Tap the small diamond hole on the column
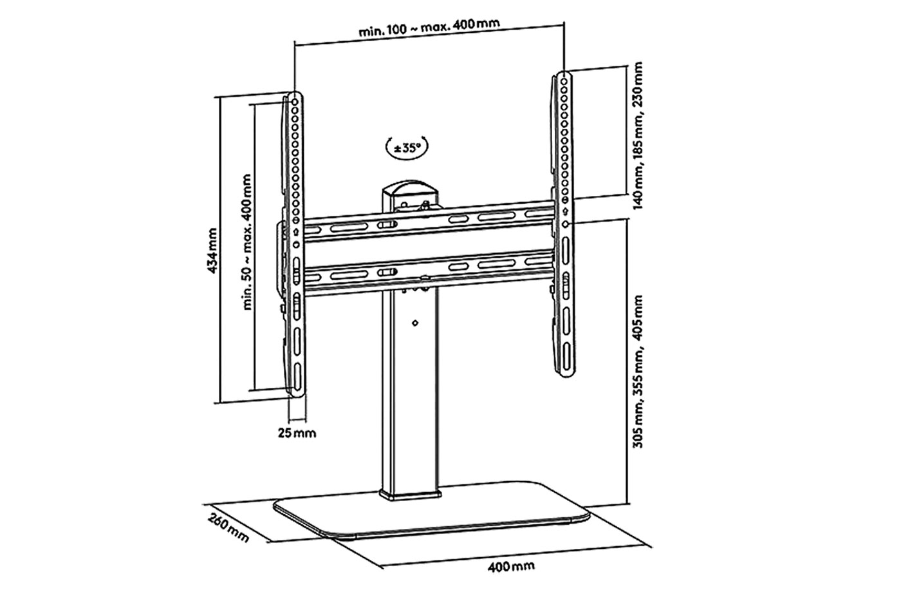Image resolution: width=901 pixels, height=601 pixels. pyautogui.click(x=414, y=323)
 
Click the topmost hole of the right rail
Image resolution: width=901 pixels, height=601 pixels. pyautogui.click(x=564, y=78)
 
